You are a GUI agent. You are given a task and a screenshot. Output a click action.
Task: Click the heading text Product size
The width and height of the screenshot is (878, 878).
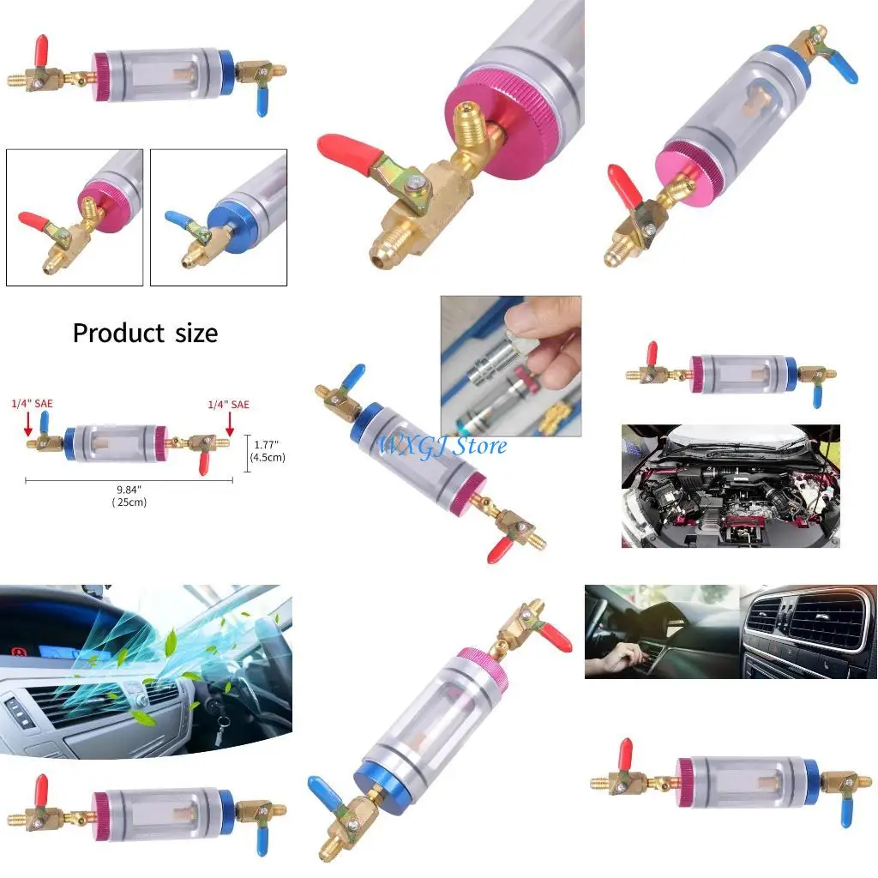click(145, 333)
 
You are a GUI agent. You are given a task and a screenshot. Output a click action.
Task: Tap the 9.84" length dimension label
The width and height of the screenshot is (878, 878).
click(129, 490)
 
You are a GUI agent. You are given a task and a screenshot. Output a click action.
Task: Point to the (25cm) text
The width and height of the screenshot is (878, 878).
click(129, 502)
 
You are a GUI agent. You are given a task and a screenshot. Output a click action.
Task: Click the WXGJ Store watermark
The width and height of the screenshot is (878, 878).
click(443, 445)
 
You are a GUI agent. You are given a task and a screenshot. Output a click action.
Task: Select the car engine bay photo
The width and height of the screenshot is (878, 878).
click(731, 485)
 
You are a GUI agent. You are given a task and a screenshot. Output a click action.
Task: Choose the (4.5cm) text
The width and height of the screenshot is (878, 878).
click(267, 457)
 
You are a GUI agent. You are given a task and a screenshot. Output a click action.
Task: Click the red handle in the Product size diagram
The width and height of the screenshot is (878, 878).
click(203, 463)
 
